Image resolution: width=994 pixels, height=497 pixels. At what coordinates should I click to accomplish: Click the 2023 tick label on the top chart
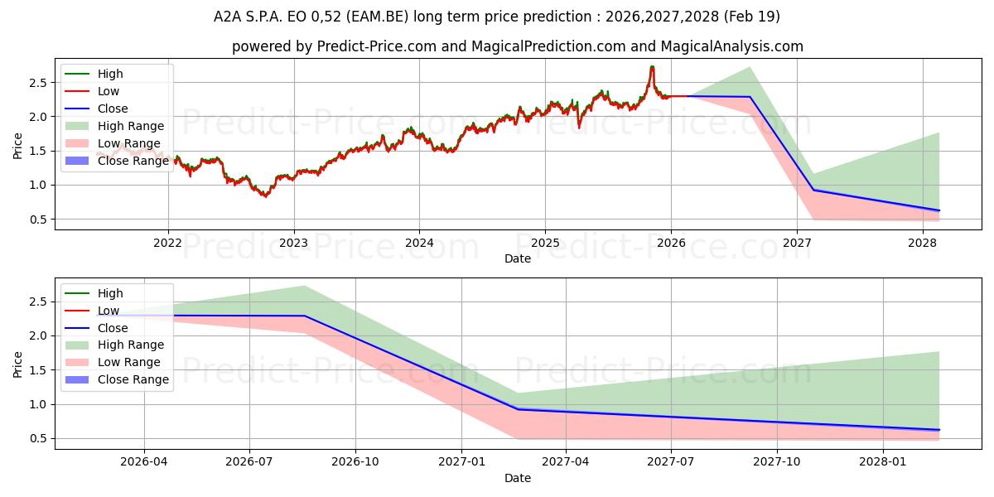(293, 244)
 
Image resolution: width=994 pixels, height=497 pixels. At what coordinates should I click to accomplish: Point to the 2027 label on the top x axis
(797, 244)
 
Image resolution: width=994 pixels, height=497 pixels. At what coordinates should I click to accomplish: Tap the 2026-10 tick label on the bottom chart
(355, 462)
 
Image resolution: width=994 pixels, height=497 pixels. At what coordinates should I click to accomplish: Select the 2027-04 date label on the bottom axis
(565, 462)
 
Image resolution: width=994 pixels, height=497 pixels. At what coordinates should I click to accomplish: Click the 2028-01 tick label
(883, 462)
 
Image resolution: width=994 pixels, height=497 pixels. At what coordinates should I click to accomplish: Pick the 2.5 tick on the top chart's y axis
(37, 83)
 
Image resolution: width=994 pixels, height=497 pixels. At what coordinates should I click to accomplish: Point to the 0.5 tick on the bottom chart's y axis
(37, 438)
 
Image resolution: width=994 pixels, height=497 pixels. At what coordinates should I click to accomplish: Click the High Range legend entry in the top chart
(114, 126)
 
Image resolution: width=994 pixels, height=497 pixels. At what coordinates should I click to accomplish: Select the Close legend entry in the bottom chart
(96, 328)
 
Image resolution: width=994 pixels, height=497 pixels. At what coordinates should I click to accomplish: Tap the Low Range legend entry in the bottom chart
(113, 362)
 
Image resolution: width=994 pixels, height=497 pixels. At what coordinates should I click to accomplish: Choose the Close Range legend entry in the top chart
(117, 161)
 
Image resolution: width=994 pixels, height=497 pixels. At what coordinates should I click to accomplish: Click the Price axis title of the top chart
(17, 146)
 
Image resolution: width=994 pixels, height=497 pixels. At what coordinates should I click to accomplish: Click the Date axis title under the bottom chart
(518, 478)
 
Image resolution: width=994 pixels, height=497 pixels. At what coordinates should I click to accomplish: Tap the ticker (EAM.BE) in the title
(377, 17)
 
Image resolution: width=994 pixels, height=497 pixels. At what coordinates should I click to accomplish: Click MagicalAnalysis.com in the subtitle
(731, 46)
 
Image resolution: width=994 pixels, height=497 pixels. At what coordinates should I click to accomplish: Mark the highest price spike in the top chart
(652, 66)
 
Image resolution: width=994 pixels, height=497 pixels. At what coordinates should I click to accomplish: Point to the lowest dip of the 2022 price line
(265, 195)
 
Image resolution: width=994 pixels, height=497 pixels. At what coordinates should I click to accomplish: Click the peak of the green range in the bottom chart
(304, 287)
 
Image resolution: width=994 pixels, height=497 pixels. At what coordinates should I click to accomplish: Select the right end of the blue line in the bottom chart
(939, 430)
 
